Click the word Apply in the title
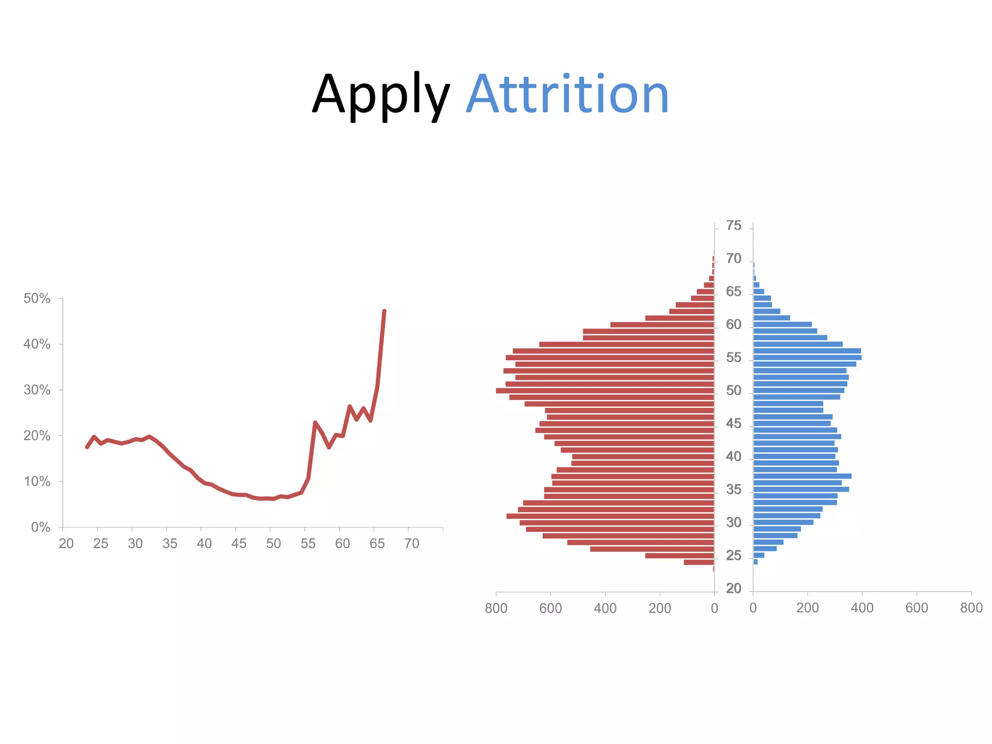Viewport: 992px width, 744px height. click(x=381, y=94)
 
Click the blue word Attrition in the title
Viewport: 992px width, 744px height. click(x=567, y=94)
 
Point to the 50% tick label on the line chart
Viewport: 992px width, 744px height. click(x=37, y=298)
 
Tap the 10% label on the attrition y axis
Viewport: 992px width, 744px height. click(x=37, y=481)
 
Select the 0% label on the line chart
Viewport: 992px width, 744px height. click(x=41, y=527)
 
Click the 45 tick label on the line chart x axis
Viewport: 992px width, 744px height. click(x=239, y=543)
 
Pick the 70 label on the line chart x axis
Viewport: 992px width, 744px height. click(x=412, y=543)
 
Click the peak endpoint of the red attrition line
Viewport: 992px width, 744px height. click(x=384, y=311)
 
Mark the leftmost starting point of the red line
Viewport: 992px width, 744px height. click(x=87, y=447)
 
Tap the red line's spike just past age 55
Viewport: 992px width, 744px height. click(x=315, y=422)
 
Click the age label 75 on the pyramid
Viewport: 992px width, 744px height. click(x=733, y=226)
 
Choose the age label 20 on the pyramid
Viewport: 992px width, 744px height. click(x=733, y=588)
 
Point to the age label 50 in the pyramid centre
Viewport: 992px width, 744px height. click(x=733, y=390)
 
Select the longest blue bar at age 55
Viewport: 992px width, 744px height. click(x=807, y=357)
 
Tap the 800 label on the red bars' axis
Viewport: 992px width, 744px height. click(x=496, y=608)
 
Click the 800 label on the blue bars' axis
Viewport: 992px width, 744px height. click(x=971, y=608)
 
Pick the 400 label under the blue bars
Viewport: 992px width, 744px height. click(x=862, y=608)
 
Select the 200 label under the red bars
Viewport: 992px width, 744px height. click(x=660, y=608)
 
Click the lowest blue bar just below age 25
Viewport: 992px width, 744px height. click(x=756, y=562)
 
